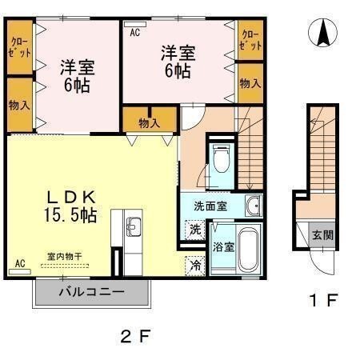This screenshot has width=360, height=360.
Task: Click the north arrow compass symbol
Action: click(x=323, y=33)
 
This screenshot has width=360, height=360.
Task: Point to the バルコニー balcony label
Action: click(x=91, y=292)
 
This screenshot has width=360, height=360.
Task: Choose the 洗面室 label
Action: click(x=210, y=206)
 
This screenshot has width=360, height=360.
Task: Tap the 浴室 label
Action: click(x=223, y=246)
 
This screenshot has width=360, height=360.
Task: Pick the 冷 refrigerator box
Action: click(x=195, y=265)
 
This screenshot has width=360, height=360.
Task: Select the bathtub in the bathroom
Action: click(x=249, y=250)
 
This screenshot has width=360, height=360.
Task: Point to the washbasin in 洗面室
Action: click(x=253, y=206)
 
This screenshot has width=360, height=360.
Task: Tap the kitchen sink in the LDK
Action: click(x=133, y=226)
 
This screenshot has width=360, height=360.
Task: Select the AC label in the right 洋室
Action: click(x=134, y=33)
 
